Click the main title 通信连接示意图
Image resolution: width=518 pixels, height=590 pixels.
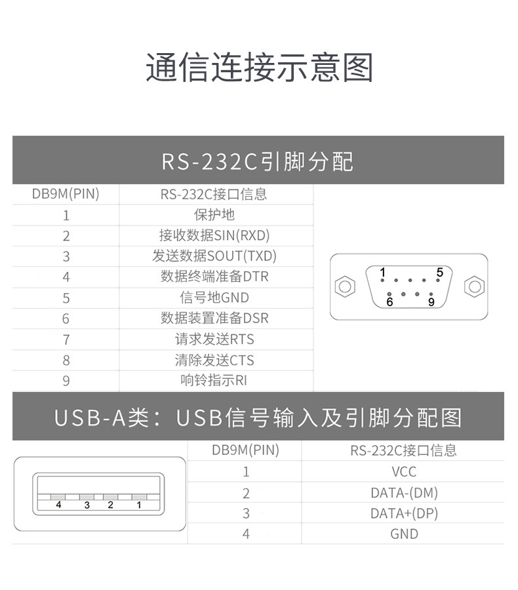coord(259,68)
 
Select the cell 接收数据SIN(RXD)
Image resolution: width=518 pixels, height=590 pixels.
coord(214,235)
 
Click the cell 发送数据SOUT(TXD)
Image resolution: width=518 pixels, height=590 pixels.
coord(214,256)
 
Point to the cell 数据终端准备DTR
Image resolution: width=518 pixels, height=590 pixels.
coord(214,277)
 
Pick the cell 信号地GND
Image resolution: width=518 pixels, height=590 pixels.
coord(214,298)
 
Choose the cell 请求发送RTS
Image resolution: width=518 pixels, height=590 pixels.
coord(214,339)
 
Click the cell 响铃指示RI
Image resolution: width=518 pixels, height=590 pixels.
coord(214,380)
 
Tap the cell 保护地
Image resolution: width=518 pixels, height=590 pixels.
coord(214,214)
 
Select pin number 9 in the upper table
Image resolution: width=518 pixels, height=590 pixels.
coord(66,381)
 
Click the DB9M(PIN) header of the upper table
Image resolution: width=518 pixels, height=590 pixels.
coord(66,194)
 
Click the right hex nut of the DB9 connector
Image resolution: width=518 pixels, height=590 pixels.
coord(473,286)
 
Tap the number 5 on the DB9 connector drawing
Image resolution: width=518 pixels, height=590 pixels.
coord(439,272)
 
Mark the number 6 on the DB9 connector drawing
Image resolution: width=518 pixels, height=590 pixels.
coord(389,302)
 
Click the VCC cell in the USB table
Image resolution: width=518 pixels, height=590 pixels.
coord(404,471)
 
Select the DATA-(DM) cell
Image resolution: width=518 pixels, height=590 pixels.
coord(404,492)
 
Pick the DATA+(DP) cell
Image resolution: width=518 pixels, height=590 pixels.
coord(404,513)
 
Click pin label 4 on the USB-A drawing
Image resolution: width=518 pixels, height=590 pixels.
coord(58,505)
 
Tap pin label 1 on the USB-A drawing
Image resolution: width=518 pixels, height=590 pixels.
coord(139,505)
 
